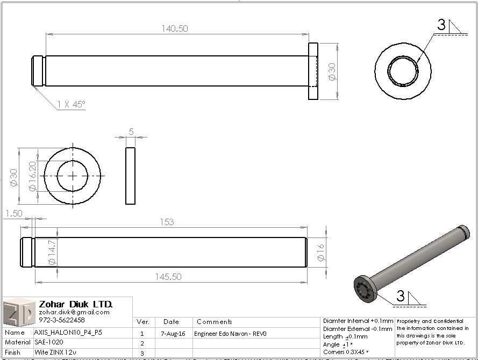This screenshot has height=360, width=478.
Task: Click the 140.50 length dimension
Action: [x=175, y=29]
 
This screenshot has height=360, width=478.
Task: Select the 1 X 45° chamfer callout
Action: [x=71, y=105]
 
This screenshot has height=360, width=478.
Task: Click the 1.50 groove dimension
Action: [x=13, y=213]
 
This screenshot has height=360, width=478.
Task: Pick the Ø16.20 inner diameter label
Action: [x=32, y=176]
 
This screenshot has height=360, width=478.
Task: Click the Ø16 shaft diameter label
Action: [x=321, y=252]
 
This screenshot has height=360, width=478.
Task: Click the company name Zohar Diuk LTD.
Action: [x=75, y=304]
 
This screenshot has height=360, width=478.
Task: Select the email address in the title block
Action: [x=74, y=312]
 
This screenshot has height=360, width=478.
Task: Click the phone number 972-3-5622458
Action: [x=62, y=320]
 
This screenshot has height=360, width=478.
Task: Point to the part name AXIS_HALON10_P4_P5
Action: [x=68, y=333]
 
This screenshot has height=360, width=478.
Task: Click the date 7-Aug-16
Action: [x=174, y=334]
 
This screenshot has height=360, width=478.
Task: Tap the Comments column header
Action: [x=215, y=322]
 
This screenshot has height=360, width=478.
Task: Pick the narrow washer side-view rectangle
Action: [x=130, y=176]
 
